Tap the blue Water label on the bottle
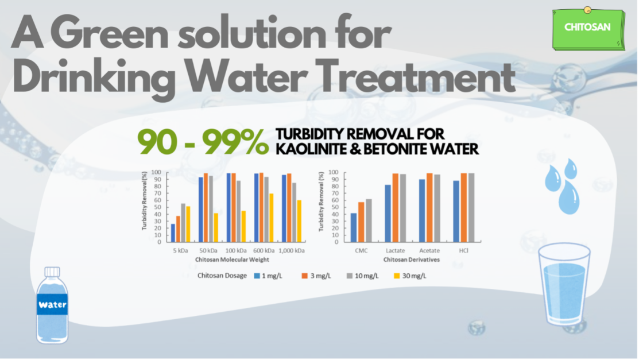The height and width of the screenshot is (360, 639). click(52, 304)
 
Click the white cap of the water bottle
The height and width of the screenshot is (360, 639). click(52, 272)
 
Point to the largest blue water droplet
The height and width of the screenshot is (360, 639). click(568, 198)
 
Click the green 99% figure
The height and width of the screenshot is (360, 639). click(235, 142)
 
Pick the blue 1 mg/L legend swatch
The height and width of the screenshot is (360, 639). click(257, 276)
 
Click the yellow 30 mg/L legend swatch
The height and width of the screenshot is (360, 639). click(397, 276)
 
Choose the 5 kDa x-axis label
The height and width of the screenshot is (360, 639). click(180, 250)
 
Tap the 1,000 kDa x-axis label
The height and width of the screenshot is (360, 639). click(292, 250)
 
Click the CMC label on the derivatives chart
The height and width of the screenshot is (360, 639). click(361, 250)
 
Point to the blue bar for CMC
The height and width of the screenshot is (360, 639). click(354, 227)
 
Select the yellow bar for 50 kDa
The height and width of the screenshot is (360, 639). click(216, 227)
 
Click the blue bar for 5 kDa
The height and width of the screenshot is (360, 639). click(173, 233)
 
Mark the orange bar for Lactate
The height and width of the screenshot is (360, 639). click(396, 208)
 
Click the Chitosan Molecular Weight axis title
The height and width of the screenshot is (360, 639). click(232, 260)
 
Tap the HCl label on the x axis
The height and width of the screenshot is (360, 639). click(463, 250)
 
